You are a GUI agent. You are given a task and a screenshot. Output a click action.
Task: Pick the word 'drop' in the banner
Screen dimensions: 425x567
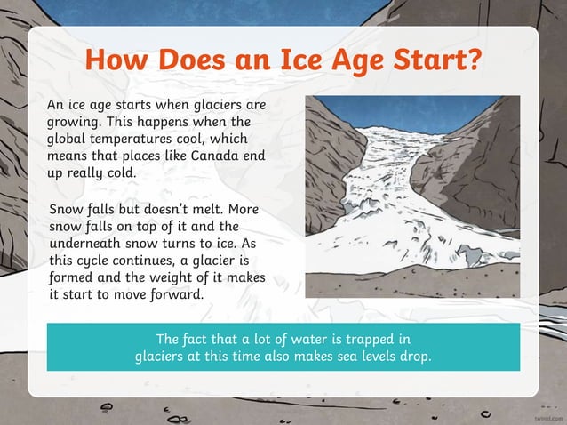pyautogui.click(x=413, y=357)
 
